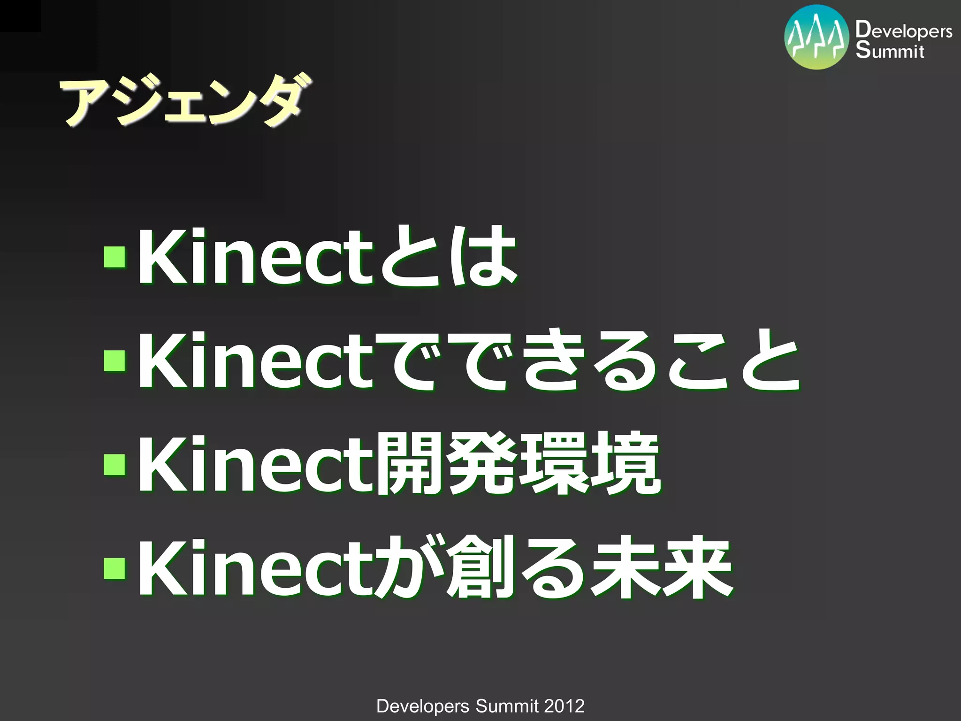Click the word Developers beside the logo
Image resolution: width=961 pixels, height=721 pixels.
(x=904, y=31)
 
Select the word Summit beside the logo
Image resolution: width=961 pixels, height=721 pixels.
(x=890, y=50)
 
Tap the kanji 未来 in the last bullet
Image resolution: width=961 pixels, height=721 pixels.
(x=662, y=568)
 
